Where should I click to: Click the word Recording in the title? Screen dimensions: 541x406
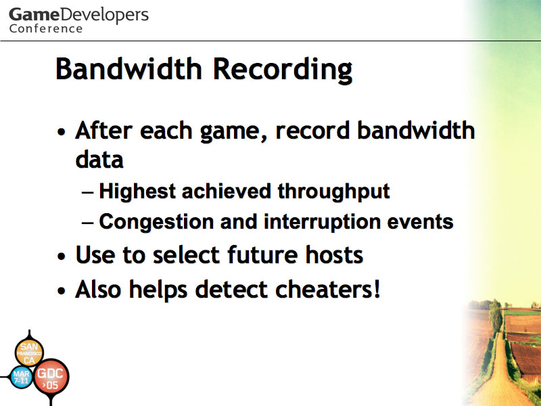point(283,70)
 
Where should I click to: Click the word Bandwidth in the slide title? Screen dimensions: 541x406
point(128,68)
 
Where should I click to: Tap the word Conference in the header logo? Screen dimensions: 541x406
point(46,28)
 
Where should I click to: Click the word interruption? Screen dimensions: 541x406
point(323,222)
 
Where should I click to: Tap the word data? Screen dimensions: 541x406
point(99,160)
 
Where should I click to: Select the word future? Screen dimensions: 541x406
point(262,255)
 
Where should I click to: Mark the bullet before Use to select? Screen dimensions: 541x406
point(62,256)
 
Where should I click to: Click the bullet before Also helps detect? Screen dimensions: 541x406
point(62,291)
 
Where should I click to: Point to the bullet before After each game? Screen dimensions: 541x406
point(62,132)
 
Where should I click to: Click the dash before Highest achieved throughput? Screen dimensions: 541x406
point(87,193)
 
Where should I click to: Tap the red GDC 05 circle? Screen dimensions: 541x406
point(51,377)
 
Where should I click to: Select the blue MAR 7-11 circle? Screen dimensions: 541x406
point(22,377)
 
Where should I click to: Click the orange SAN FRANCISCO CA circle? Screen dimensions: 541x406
point(29,353)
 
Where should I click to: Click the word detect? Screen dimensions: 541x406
point(231,289)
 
